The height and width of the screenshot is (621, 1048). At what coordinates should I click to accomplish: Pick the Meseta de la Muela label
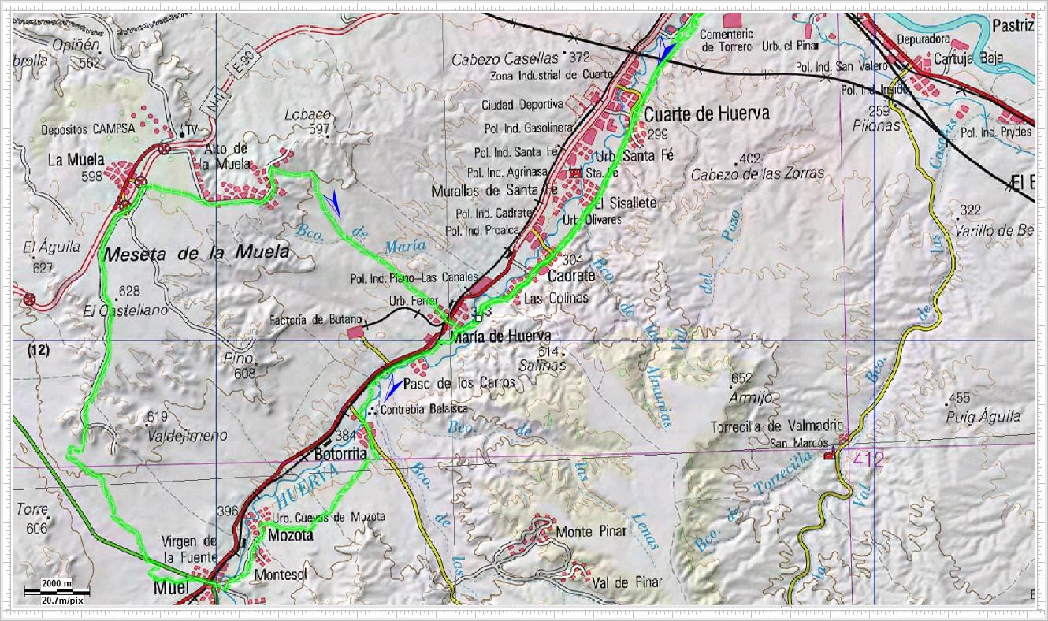[x=195, y=254]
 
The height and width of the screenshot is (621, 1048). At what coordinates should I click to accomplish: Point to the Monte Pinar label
[x=591, y=531]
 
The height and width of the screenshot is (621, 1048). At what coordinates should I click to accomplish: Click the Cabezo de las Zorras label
[x=757, y=173]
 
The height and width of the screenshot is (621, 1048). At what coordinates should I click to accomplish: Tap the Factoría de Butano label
[x=315, y=319]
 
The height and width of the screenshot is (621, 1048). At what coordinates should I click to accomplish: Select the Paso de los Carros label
[x=459, y=383]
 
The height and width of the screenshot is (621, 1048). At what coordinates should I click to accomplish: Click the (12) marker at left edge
[x=37, y=352]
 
